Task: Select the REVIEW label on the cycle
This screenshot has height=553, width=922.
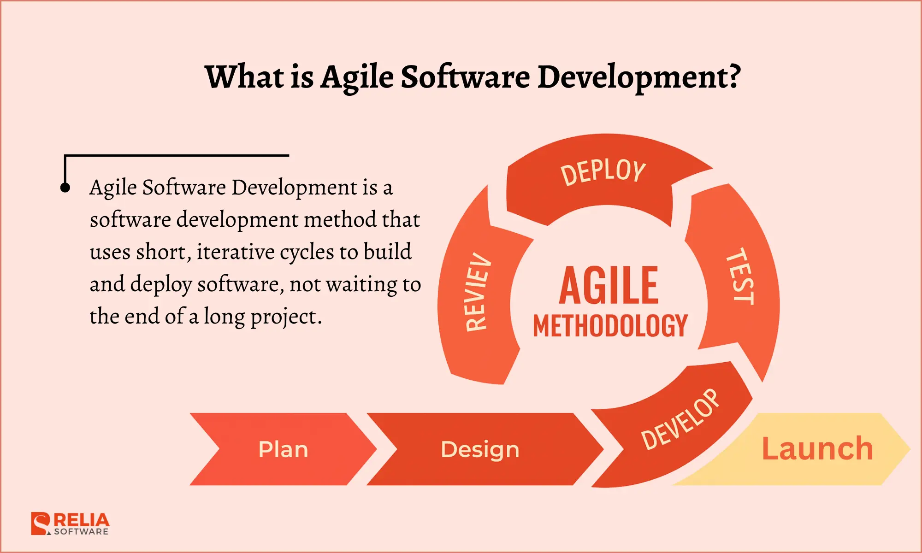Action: click(x=478, y=292)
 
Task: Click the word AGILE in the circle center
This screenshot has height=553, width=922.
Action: click(x=609, y=286)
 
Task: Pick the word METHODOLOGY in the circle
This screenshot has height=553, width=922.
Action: click(x=610, y=326)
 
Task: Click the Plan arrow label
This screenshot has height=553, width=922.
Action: click(x=283, y=449)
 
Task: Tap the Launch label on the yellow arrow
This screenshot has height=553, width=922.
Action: click(x=817, y=448)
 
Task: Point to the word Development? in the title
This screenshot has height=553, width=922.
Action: click(x=639, y=77)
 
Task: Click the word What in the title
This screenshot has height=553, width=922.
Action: click(x=245, y=76)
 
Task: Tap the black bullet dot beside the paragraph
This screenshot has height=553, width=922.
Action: click(x=65, y=188)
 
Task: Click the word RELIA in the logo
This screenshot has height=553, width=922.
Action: click(x=82, y=520)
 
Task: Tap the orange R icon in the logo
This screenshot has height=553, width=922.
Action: click(x=41, y=524)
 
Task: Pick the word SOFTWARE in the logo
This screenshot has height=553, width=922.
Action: click(x=81, y=531)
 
